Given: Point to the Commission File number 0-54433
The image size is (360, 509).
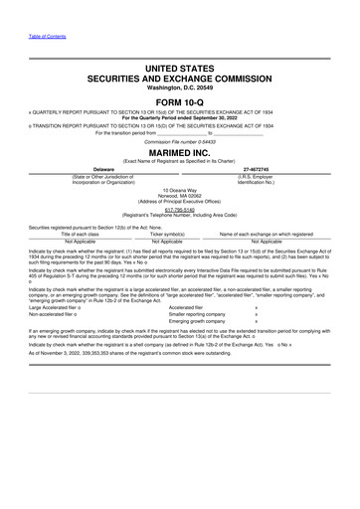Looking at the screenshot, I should pyautogui.click(x=179, y=142).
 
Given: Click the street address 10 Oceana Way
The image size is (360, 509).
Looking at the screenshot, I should pyautogui.click(x=179, y=188).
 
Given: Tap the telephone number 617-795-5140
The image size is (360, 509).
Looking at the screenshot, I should pyautogui.click(x=179, y=210).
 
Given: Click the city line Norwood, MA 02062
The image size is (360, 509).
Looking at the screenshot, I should pyautogui.click(x=179, y=194).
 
